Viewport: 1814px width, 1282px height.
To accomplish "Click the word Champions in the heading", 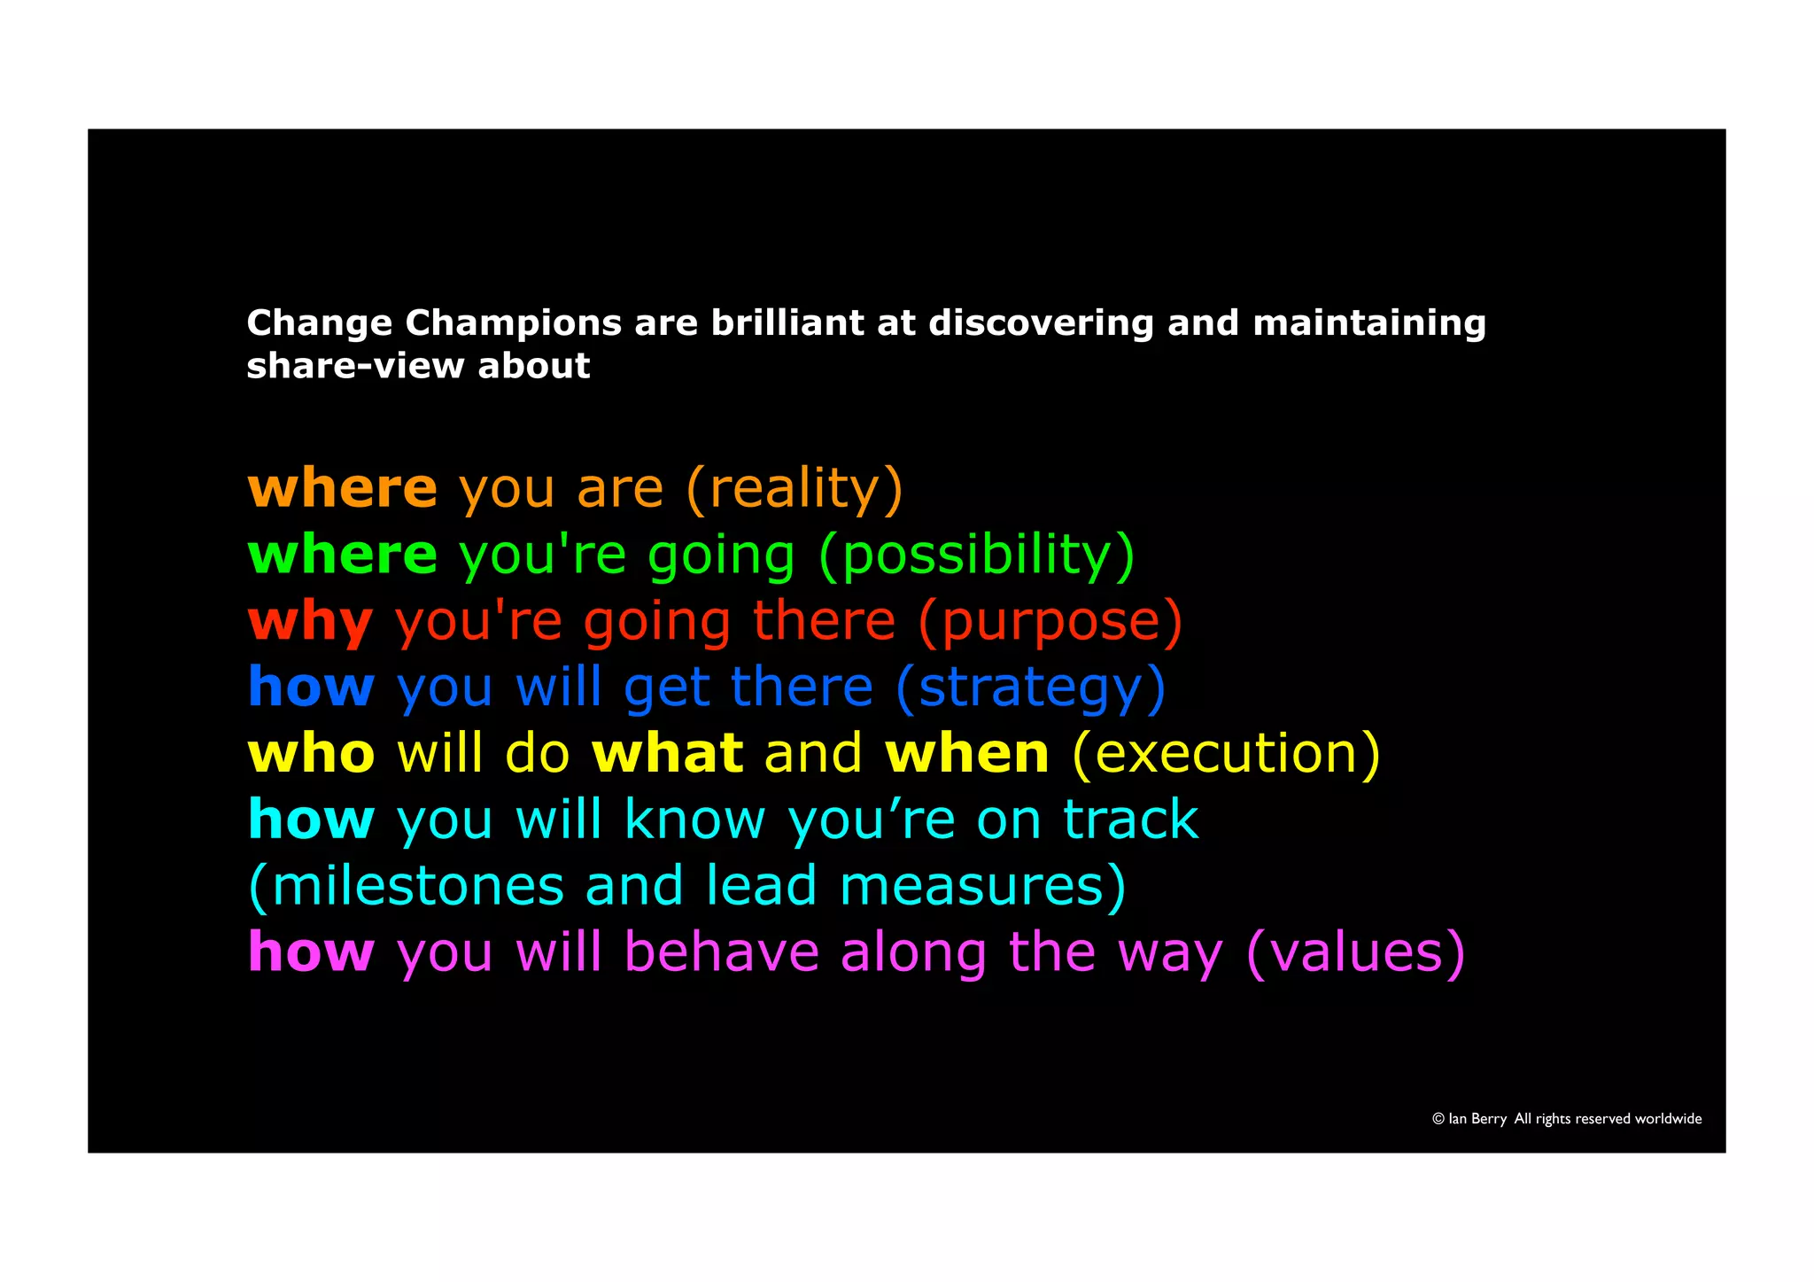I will (513, 323).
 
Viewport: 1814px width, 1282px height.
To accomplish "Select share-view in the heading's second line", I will (355, 366).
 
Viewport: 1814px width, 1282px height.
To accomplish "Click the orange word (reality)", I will (795, 489).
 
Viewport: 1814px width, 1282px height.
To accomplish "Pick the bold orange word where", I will (343, 488).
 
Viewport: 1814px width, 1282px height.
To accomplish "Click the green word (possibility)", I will (976, 556).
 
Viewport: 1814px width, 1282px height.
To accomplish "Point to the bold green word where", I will (343, 555).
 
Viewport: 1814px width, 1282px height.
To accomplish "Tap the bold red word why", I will (310, 622).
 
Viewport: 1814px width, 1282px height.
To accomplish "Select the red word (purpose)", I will (1050, 622).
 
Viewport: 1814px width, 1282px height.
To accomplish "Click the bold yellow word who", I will (311, 754).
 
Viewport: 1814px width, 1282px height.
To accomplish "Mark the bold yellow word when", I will (966, 754).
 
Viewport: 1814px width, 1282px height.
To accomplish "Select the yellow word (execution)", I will (1226, 754).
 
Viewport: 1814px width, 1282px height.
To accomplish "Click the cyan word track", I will (1130, 820).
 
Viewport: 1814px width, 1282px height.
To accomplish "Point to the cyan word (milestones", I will (407, 886).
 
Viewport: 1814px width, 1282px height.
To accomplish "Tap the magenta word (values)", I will (1355, 952).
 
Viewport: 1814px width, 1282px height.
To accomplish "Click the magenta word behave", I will (722, 952).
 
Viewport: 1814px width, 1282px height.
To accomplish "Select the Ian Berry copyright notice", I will (1566, 1119).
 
